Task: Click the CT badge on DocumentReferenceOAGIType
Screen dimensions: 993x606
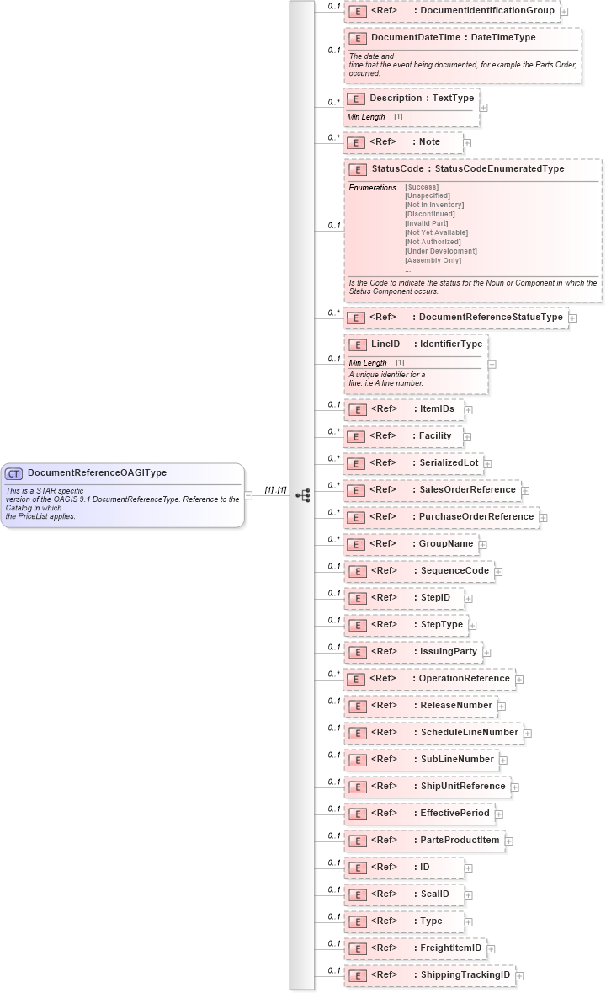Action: click(x=14, y=473)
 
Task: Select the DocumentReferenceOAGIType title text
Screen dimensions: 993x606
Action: click(x=97, y=473)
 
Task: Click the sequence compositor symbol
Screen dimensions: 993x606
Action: click(x=303, y=495)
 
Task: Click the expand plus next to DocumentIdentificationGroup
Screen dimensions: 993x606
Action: click(x=564, y=12)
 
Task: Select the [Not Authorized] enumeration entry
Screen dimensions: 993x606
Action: click(x=433, y=242)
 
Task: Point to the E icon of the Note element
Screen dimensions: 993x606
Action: click(x=357, y=143)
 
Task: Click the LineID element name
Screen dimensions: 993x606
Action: click(x=385, y=344)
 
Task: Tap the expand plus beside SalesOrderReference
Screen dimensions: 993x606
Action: click(x=525, y=490)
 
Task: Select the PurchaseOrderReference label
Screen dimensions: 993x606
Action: click(x=476, y=516)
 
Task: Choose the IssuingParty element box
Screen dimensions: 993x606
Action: click(x=412, y=651)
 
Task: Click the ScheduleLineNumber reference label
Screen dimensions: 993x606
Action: click(x=469, y=732)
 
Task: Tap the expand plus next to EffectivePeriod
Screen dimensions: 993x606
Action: click(x=499, y=814)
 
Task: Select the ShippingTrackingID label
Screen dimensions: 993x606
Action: click(x=465, y=974)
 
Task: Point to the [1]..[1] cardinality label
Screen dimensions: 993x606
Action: click(x=275, y=490)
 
